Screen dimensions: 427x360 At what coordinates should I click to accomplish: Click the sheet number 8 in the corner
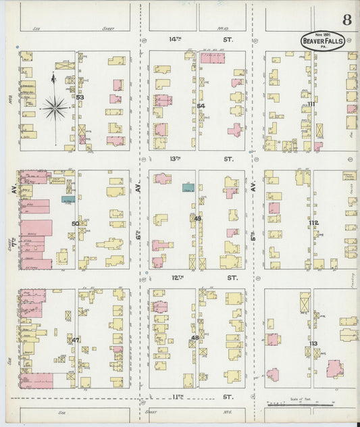pyautogui.click(x=346, y=19)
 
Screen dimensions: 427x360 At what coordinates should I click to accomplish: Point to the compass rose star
pyautogui.click(x=54, y=106)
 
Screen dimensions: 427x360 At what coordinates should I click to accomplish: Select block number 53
pyautogui.click(x=80, y=98)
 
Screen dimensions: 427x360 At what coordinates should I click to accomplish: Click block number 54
pyautogui.click(x=201, y=106)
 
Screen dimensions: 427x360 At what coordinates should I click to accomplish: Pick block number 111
pyautogui.click(x=311, y=105)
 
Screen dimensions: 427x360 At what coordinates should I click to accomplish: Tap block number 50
pyautogui.click(x=75, y=223)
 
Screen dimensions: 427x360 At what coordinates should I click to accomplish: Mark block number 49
pyautogui.click(x=197, y=219)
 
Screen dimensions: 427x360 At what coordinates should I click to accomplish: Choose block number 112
pyautogui.click(x=313, y=222)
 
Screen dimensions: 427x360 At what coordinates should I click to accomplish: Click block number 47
pyautogui.click(x=76, y=340)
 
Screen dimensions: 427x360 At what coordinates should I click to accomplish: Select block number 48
pyautogui.click(x=195, y=338)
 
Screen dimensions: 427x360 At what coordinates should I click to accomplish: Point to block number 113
pyautogui.click(x=313, y=344)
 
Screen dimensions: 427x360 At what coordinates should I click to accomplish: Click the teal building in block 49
pyautogui.click(x=188, y=186)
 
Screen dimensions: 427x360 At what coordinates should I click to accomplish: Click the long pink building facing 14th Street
pyautogui.click(x=213, y=58)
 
